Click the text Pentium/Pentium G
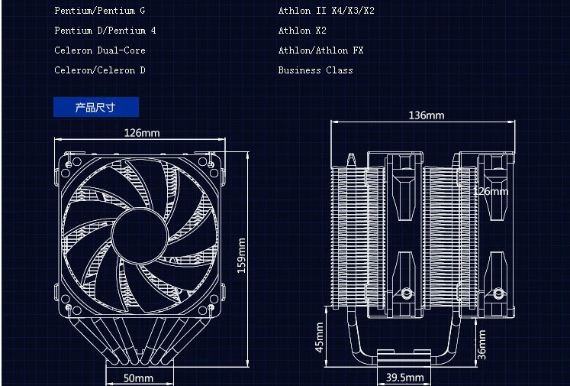[99, 11]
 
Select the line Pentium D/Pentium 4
[105, 31]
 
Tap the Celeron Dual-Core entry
[99, 50]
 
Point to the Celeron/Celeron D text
[99, 70]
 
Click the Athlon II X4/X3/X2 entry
[326, 11]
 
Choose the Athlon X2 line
[302, 31]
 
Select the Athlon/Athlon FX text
[320, 50]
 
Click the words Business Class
[315, 70]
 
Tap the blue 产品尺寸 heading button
[95, 107]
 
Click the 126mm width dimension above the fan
[142, 133]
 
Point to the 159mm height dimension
[242, 256]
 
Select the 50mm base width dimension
[138, 378]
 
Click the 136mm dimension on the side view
[426, 115]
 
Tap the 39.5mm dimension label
[404, 378]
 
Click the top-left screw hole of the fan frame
[70, 163]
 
